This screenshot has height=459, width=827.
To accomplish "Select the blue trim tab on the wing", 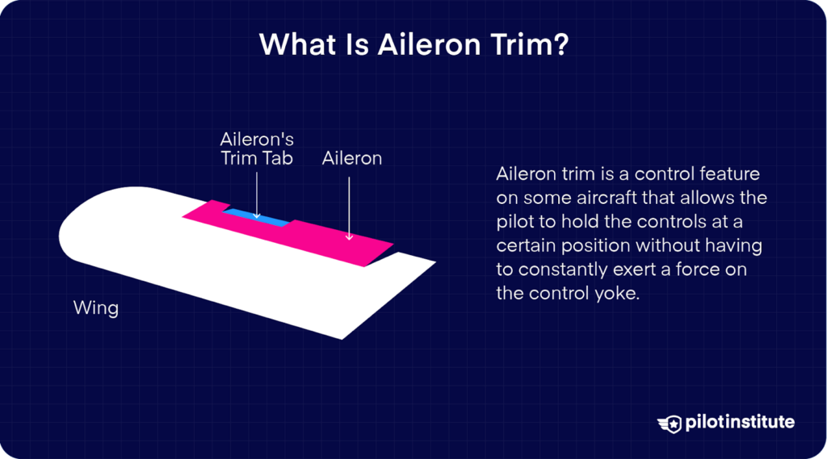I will point(257,217).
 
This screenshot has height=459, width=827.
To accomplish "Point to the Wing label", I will point(95,307).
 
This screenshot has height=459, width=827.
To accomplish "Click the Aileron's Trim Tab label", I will point(257,148).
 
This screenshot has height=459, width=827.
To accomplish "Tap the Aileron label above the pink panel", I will point(351,158).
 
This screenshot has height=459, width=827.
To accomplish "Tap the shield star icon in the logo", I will point(670,423).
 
